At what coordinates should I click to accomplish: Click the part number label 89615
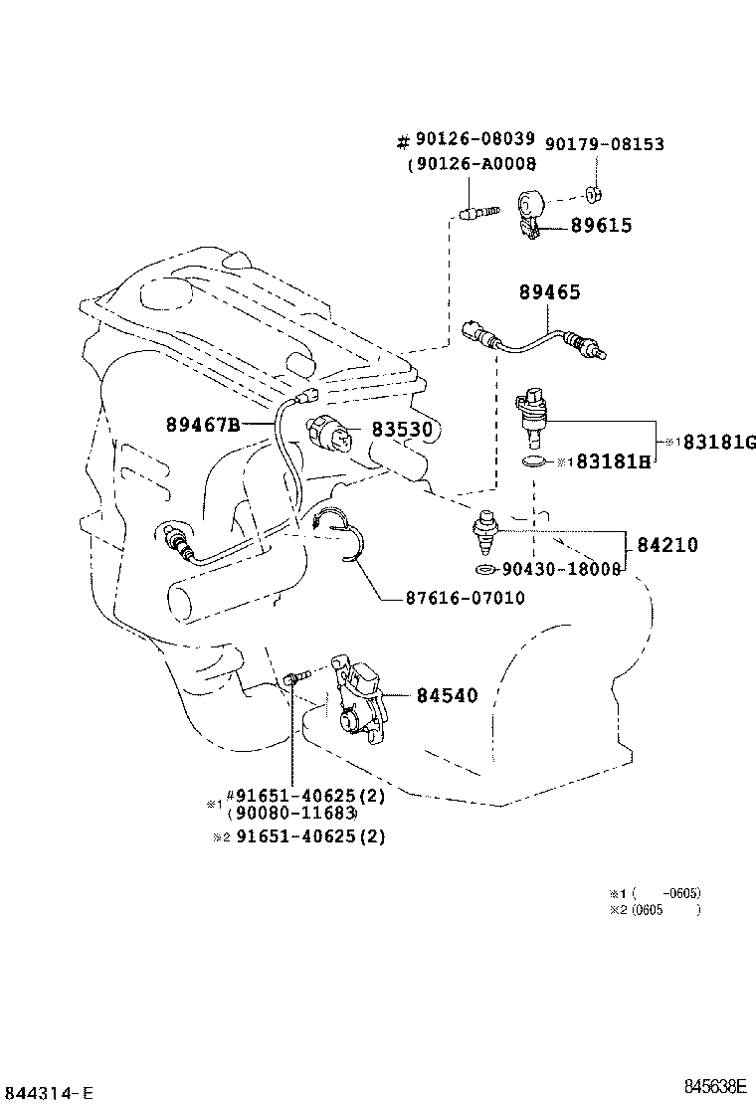coord(601,226)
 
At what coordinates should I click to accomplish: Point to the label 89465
coord(549,292)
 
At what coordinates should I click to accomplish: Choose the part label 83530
coord(405,429)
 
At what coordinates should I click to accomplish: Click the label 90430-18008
coord(561,569)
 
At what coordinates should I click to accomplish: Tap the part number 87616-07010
coord(465,598)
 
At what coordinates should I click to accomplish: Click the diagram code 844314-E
coord(48,1093)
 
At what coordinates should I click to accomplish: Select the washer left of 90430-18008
coord(484,569)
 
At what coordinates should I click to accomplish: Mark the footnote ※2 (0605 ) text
coord(656,909)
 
